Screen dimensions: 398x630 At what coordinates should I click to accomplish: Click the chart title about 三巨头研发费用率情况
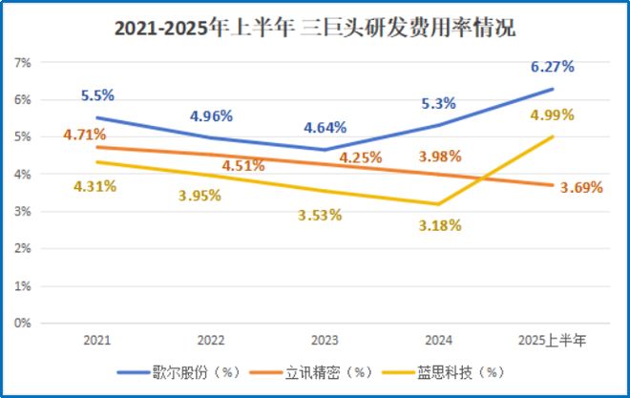point(315,29)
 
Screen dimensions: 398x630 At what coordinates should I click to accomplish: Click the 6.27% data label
point(553,66)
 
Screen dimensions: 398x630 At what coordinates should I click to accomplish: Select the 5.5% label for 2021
point(97,95)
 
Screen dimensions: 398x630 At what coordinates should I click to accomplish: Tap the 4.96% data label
point(211,115)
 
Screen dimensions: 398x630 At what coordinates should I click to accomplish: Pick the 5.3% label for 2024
point(438,104)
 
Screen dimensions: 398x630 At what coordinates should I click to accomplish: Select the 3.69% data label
point(580,188)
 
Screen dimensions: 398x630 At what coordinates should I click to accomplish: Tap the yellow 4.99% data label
point(552,115)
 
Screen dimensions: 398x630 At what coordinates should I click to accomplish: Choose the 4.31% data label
point(94,186)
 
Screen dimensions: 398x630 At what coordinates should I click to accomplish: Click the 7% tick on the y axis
point(23,62)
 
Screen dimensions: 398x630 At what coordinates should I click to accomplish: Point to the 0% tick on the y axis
point(23,323)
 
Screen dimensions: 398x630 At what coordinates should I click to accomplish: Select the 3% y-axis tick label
point(23,211)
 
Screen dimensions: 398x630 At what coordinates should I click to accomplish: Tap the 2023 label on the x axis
point(324,340)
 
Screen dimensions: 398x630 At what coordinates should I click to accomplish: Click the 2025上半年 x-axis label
point(552,340)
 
